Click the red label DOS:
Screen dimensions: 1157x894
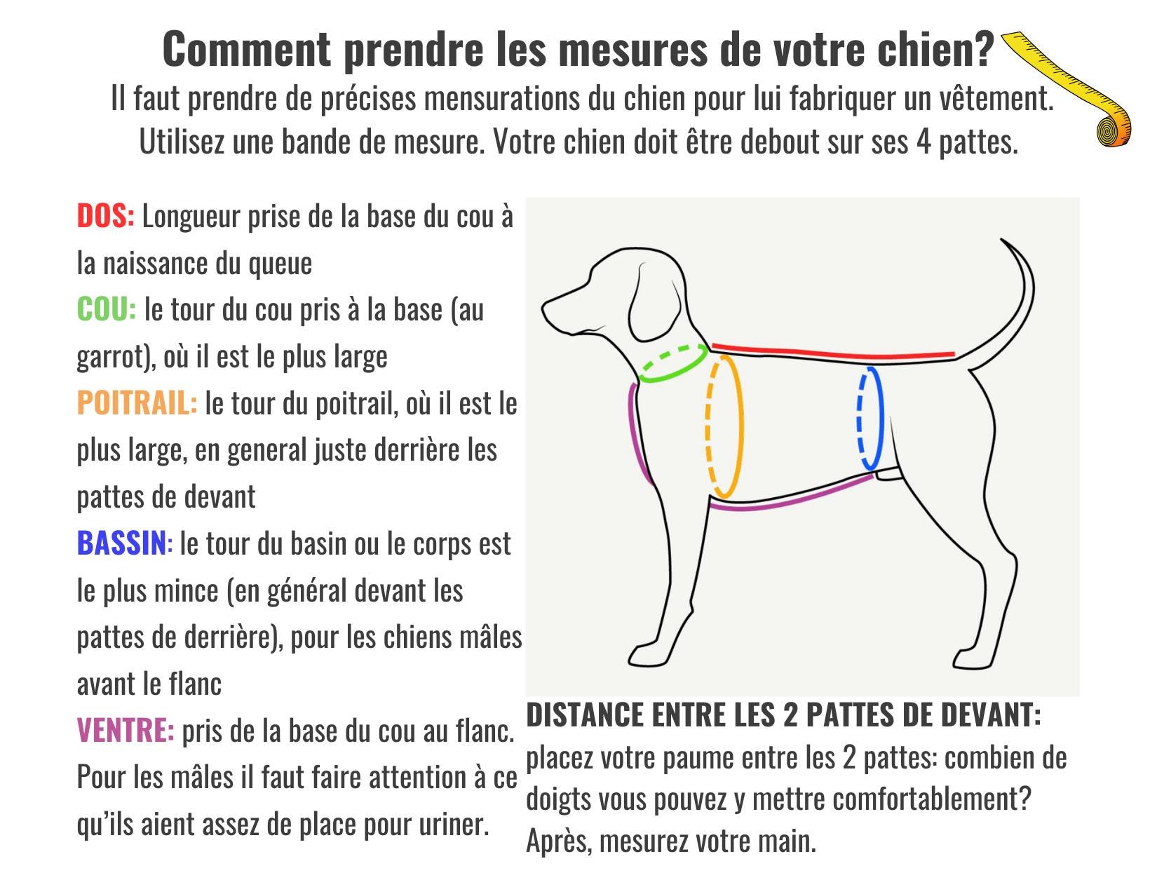tap(105, 216)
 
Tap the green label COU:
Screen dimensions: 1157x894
tap(107, 309)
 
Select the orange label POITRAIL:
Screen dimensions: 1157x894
tap(137, 403)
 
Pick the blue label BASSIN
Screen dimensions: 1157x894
tap(122, 543)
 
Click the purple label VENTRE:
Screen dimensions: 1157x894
tap(125, 730)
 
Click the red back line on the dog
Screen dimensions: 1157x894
tap(833, 352)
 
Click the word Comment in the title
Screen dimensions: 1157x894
tap(247, 49)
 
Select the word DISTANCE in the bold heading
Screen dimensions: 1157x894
tap(585, 714)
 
